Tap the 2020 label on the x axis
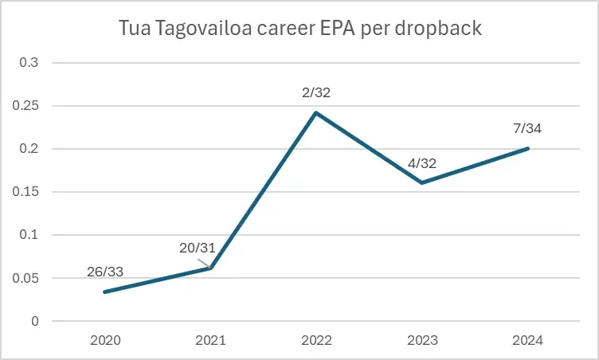105,340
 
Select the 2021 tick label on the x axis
211,340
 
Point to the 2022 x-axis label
316,340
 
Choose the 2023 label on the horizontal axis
422,340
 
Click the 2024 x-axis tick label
527,340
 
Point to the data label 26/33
104,272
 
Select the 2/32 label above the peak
315,92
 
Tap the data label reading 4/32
421,162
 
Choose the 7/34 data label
527,127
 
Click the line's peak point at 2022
316,112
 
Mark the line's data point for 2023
422,182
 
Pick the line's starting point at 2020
105,292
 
